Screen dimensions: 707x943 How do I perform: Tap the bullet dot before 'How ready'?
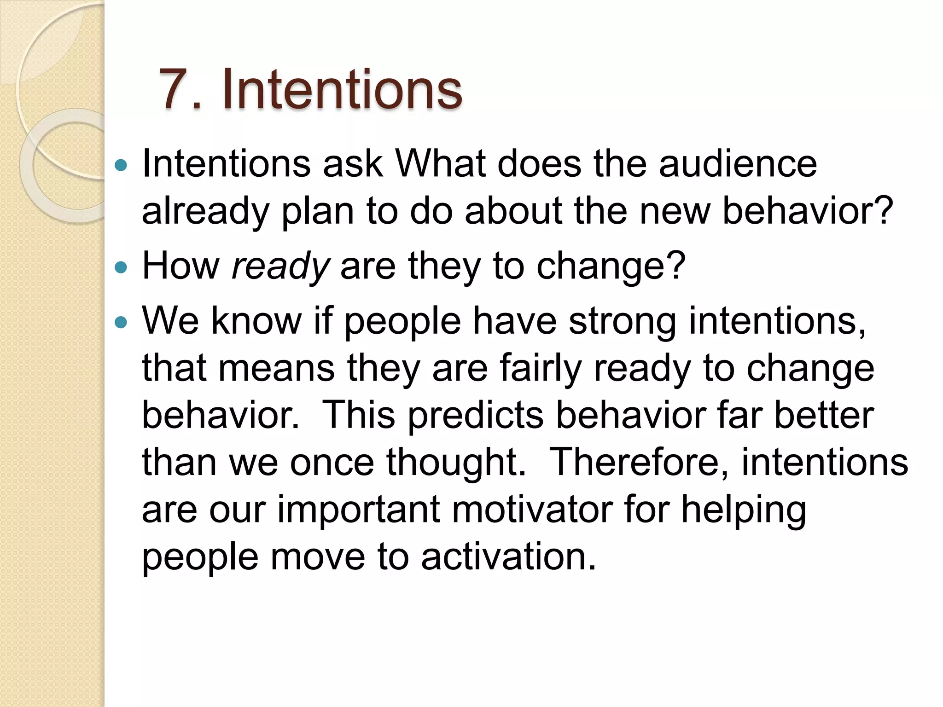pos(121,267)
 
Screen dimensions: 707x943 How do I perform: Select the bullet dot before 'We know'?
pos(121,322)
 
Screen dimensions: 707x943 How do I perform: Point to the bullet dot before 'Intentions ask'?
pos(121,165)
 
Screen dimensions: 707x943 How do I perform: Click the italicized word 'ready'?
pos(280,267)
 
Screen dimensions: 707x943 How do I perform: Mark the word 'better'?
pos(824,416)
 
